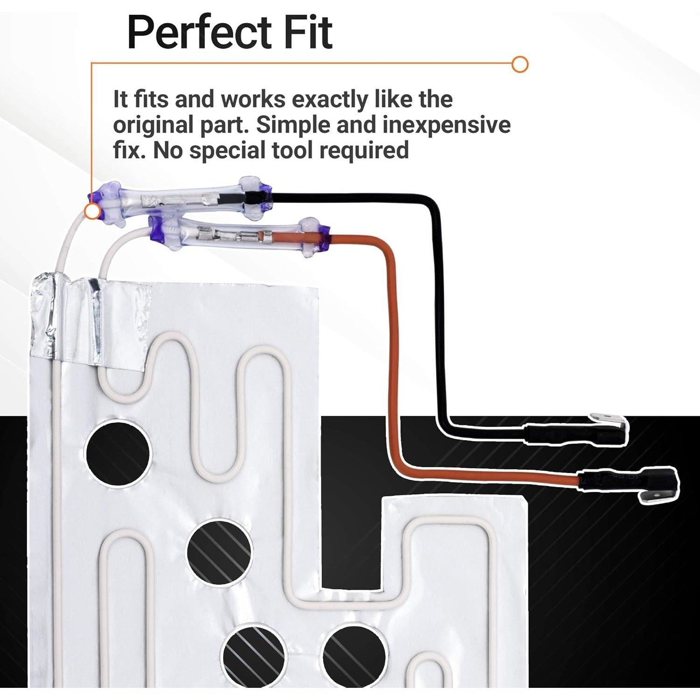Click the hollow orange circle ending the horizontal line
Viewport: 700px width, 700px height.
[x=519, y=64]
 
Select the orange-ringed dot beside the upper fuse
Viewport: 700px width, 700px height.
[x=93, y=211]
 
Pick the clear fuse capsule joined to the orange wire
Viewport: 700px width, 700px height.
[x=238, y=233]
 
